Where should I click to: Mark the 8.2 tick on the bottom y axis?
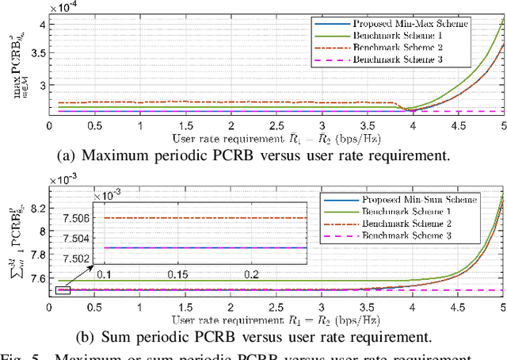pos(36,209)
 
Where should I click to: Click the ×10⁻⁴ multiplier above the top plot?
pos(65,6)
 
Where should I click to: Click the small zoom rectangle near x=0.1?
pos(63,290)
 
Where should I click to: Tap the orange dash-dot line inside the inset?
pos(198,218)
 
